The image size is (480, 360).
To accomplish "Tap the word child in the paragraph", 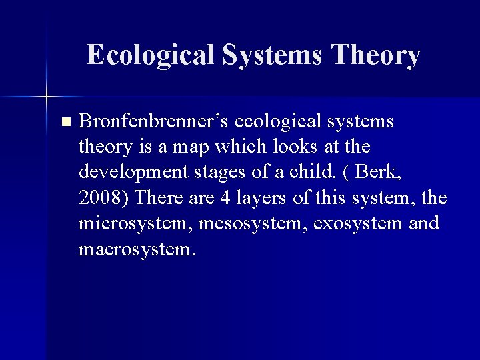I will click(x=310, y=172).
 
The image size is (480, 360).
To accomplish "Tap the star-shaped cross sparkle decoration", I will click(x=46, y=97).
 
